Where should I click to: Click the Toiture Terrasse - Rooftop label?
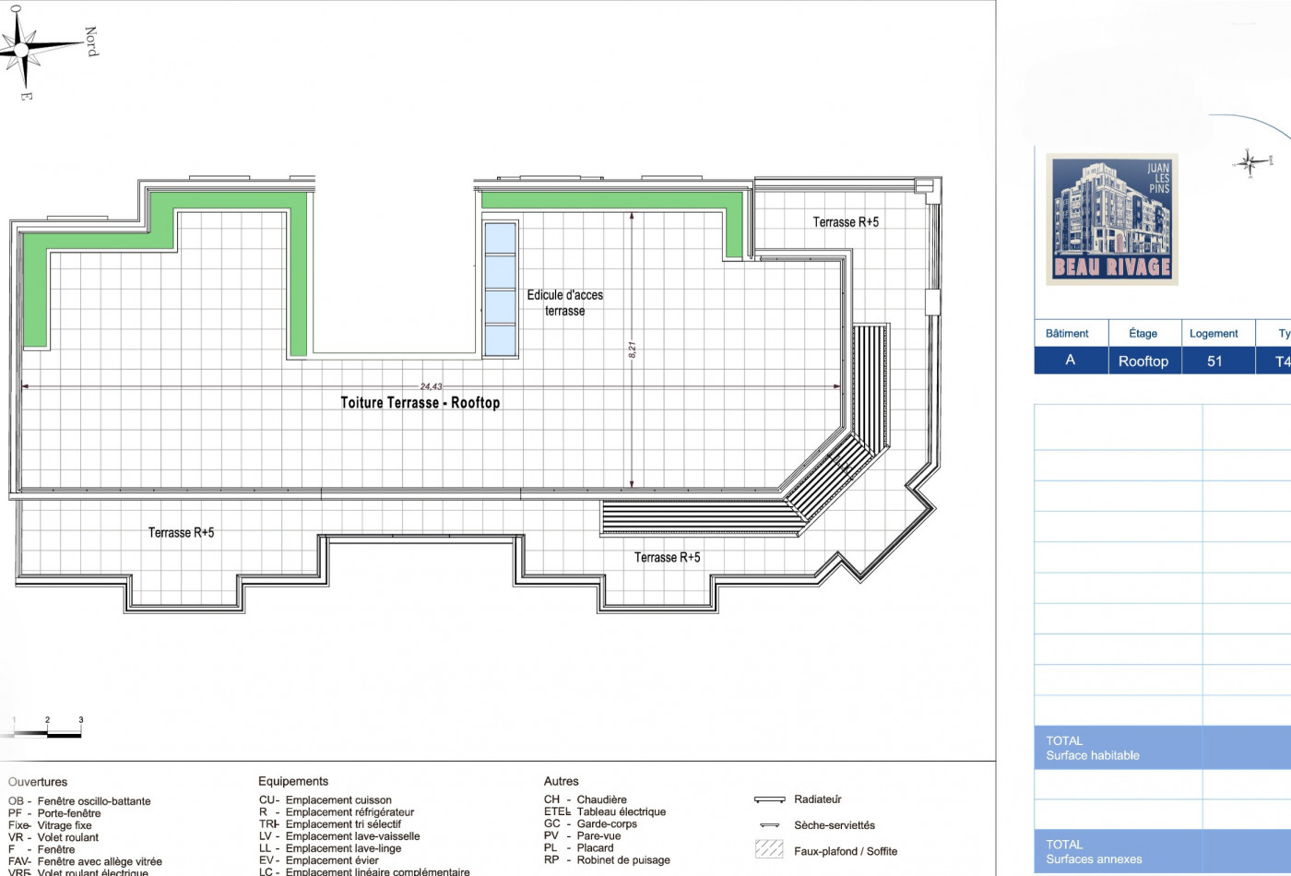pos(420,403)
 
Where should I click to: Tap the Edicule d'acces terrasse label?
pos(564,302)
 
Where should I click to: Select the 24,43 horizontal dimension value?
pos(431,387)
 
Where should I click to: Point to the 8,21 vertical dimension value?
pos(633,350)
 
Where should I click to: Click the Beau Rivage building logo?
pos(1112,219)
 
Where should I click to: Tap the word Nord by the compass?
pos(91,41)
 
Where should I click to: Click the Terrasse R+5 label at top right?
pos(846,222)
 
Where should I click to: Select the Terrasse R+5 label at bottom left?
pos(181,533)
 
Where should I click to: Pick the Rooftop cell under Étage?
pos(1143,361)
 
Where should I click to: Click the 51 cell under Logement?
pos(1214,361)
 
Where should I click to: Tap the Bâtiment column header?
pos(1067,334)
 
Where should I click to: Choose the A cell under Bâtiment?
pos(1070,361)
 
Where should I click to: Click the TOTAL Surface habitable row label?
pos(1093,748)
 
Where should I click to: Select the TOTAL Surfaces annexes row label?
pos(1094,852)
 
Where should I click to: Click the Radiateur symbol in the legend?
pos(769,799)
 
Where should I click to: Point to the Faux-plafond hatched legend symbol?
pos(769,849)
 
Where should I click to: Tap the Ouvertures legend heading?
pos(38,782)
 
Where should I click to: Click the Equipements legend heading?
pos(293,781)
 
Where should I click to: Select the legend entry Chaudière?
pos(601,799)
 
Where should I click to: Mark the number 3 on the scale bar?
pos(81,720)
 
